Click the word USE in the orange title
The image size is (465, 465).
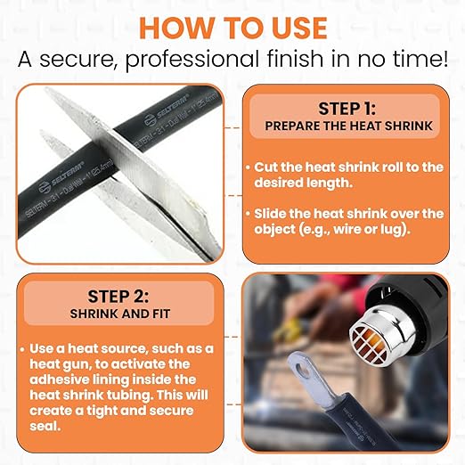point(299,28)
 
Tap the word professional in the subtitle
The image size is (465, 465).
point(192,60)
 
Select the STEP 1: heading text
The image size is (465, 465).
point(347,109)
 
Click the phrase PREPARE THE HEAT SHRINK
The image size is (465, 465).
point(348,126)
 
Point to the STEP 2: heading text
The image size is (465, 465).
point(118,296)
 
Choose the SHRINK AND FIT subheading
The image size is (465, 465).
point(120,314)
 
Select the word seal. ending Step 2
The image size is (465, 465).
point(45,427)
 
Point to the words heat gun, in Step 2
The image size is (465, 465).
point(61,365)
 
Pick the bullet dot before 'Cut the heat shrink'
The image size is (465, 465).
point(249,167)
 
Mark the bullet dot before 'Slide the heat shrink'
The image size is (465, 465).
point(249,214)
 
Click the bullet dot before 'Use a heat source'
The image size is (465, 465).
point(22,349)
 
